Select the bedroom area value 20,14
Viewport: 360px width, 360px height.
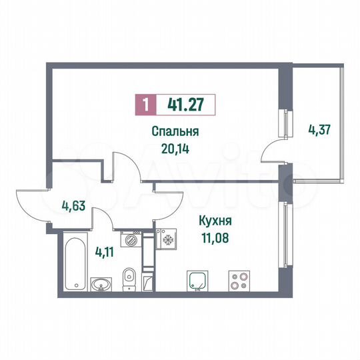(176, 149)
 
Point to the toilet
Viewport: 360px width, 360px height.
(130, 276)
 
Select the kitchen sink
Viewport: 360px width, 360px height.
(197, 281)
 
